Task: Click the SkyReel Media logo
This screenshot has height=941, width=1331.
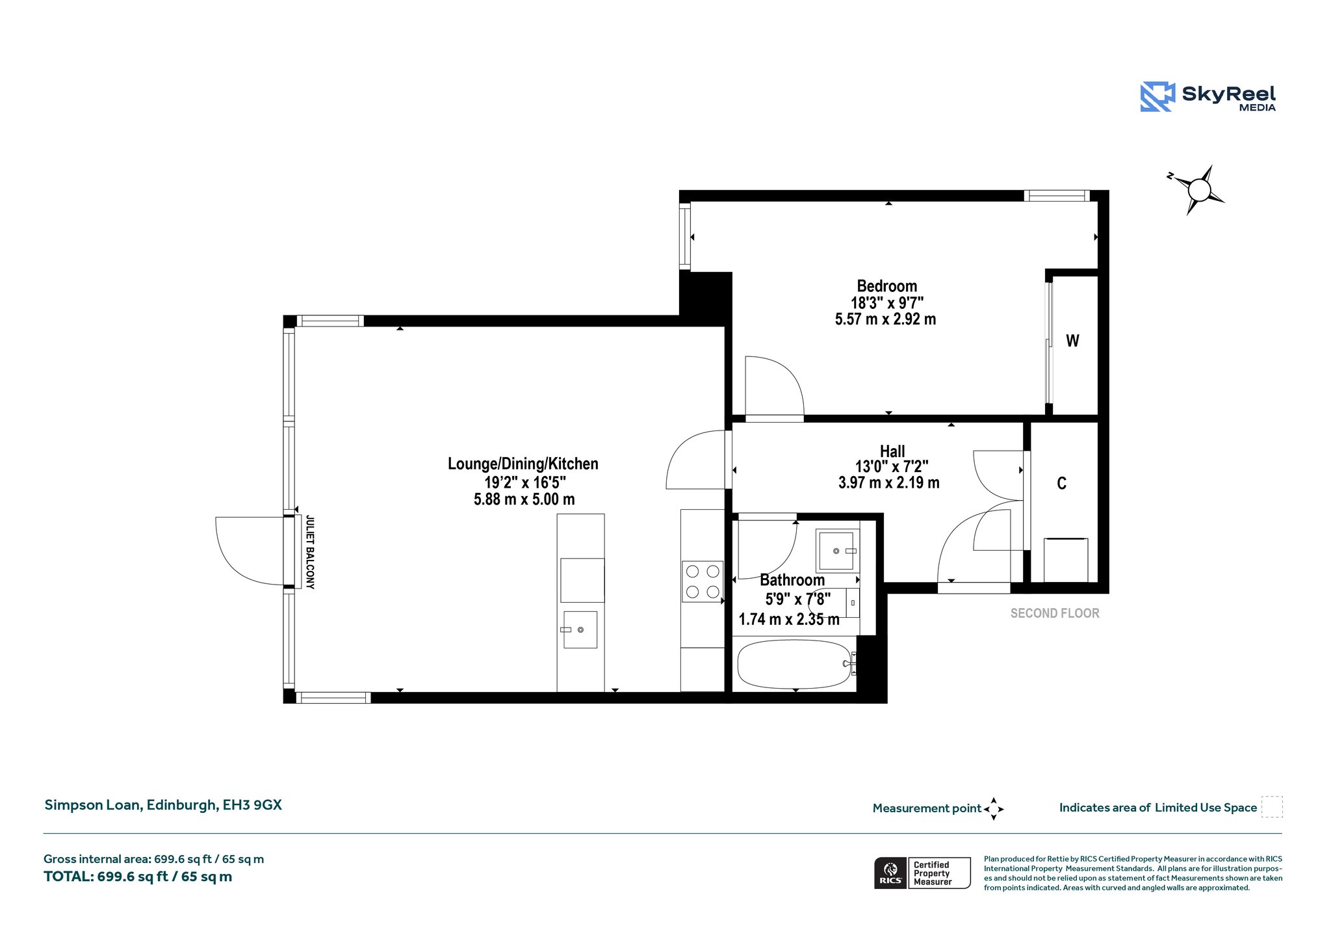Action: coord(1208,97)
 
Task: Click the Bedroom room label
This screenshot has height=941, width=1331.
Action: coord(886,286)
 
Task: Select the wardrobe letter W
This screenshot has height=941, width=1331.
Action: coord(1072,341)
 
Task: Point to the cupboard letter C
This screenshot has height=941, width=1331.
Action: coord(1061,483)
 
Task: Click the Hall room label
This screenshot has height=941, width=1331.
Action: coord(892,451)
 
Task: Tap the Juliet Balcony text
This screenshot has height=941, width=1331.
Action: coord(310,552)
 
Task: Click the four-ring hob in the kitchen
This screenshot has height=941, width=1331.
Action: coord(703,581)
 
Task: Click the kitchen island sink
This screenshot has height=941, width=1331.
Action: coord(580,630)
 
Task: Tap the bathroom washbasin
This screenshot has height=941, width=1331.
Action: coord(838,551)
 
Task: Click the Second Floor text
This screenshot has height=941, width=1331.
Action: coord(1055,613)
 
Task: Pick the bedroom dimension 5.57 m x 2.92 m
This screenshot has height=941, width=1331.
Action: coord(885,319)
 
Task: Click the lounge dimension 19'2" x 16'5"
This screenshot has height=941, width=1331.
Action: coord(525,483)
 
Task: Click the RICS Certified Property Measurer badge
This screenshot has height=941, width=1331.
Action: coord(922,873)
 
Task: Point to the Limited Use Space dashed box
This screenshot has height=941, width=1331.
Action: coord(1272,807)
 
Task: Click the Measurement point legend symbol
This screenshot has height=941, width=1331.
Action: coord(994,809)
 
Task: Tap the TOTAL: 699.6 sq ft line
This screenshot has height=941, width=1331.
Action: coord(138,877)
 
